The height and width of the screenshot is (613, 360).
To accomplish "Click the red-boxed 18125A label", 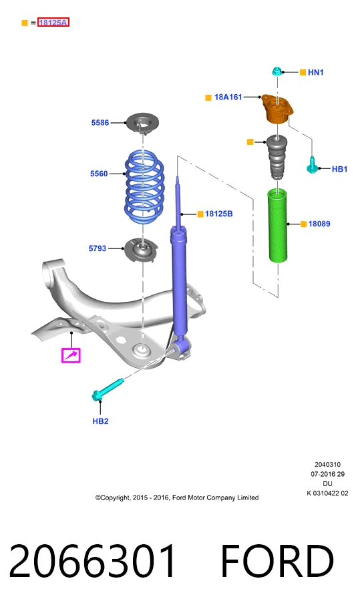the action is [x=53, y=23].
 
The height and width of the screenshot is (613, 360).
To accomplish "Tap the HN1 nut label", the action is [x=315, y=72].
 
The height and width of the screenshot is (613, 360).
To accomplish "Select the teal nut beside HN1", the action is [x=277, y=71].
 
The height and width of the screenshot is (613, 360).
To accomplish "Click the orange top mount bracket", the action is [x=277, y=109].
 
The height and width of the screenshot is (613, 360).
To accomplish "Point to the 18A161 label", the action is [x=228, y=97].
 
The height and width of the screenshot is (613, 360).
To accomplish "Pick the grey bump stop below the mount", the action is [x=277, y=157].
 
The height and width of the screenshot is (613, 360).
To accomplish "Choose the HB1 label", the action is [x=339, y=170].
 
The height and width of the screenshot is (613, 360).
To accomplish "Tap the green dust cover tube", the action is [x=278, y=226].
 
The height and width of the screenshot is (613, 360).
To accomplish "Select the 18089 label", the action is [x=319, y=224].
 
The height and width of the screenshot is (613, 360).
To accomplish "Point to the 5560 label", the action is [x=99, y=174].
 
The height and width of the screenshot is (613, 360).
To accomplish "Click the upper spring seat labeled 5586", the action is [x=142, y=123].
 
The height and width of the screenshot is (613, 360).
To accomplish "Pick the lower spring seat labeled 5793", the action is [x=141, y=250].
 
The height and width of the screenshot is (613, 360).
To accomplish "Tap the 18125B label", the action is [x=218, y=214].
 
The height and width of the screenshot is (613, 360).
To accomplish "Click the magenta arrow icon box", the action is [x=71, y=355].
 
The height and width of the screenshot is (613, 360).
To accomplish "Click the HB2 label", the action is [x=100, y=421].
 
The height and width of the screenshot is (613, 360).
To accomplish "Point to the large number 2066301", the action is [x=92, y=561].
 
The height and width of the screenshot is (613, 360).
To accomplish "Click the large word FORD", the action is [x=277, y=561].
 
